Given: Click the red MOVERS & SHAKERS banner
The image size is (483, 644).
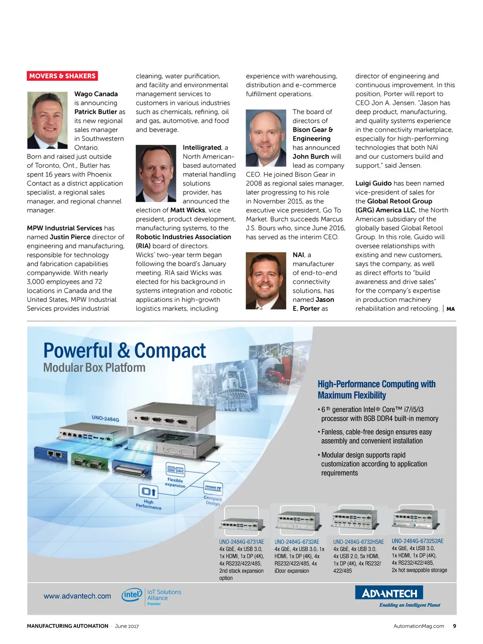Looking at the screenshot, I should [x=62, y=76].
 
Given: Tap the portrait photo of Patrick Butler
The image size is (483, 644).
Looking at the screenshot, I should [x=47, y=120].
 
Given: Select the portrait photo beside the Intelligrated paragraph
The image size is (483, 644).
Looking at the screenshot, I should [x=156, y=173].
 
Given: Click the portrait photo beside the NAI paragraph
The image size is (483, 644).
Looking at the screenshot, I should [x=266, y=280].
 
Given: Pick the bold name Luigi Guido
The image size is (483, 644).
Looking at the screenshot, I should [x=373, y=183].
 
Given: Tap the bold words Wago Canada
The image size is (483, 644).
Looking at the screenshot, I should [x=96, y=94].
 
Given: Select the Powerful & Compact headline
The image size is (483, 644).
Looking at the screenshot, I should [x=125, y=351].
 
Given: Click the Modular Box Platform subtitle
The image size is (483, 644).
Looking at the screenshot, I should [x=94, y=368].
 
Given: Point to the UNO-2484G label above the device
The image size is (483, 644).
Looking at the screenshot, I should [x=105, y=418].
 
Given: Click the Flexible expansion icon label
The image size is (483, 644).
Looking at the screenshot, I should [x=175, y=483].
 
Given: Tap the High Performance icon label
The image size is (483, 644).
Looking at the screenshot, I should [x=149, y=504].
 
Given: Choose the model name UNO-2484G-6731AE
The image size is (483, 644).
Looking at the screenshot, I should [x=241, y=542].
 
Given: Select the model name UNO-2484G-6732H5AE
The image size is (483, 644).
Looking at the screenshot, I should [x=358, y=542].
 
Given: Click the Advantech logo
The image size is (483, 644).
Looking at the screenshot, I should [x=389, y=593].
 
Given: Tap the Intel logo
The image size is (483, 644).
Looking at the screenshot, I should [x=132, y=595].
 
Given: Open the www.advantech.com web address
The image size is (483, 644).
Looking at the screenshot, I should [x=77, y=596].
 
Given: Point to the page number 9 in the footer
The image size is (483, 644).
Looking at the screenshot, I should [x=454, y=626].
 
